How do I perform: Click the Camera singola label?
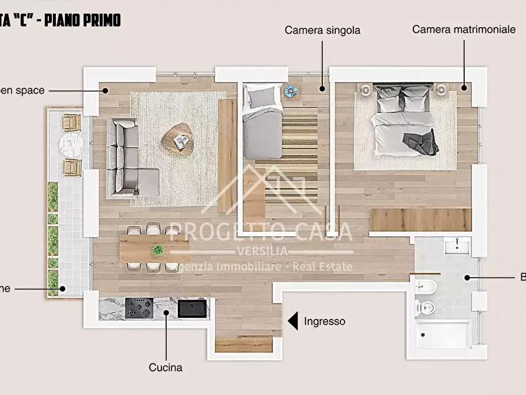click(322, 30)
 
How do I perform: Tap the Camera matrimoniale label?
click(464, 29)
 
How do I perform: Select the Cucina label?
click(166, 367)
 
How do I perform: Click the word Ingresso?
click(325, 321)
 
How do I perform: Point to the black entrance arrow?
click(293, 321)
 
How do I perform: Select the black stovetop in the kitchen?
click(140, 307)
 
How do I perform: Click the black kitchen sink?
click(193, 308)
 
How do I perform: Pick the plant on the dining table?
click(158, 250)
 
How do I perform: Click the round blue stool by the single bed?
click(291, 91)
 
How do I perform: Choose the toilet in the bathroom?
click(425, 307)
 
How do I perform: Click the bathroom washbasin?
click(456, 245)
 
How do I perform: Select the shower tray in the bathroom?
click(444, 334)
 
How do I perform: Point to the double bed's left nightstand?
click(365, 90)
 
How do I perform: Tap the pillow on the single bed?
click(262, 96)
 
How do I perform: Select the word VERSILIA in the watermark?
click(262, 251)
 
